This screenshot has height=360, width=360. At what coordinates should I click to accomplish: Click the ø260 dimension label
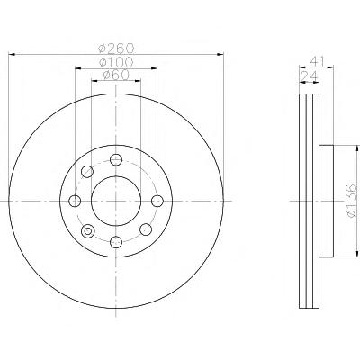pos(116,48)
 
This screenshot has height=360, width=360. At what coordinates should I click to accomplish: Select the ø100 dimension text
pos(116,62)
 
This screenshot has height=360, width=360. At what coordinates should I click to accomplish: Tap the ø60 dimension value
pos(116,75)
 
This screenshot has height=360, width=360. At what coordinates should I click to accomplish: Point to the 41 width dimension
pos(317,61)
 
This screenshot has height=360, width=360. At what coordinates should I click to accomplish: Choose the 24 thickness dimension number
pos(310,76)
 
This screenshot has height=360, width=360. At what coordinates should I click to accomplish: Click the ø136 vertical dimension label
pos(351,201)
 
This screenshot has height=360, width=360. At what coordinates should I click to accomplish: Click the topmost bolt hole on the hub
pos(116,159)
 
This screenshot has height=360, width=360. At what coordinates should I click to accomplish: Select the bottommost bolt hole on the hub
pos(116,242)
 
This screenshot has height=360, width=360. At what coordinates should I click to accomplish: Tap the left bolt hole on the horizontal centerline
pos(75,201)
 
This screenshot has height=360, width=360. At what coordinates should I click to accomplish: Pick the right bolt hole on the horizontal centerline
pos(157,201)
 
